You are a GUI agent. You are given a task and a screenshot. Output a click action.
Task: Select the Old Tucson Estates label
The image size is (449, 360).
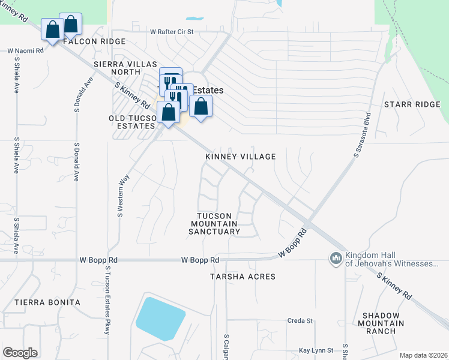coord(132,122)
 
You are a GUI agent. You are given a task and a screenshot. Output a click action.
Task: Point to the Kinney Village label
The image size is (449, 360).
coord(240,157)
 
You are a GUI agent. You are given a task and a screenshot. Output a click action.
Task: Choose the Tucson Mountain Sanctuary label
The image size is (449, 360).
coord(214,223)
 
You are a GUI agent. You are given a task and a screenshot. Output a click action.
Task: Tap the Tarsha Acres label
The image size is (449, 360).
coord(243,277)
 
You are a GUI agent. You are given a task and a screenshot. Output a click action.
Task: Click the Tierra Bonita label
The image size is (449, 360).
coord(47,302)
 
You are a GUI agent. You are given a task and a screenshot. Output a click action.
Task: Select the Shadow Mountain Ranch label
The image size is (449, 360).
coord(387,323)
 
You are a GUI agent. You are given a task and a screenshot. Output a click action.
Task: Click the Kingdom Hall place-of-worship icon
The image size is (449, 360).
coord(336,259)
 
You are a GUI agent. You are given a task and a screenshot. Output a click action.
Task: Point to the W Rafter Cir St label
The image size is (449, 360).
coord(172,31)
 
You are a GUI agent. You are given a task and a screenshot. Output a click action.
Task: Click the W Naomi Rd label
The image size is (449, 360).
coord(26,51)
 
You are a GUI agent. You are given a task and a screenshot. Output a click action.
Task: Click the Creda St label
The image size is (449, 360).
coord(300,321)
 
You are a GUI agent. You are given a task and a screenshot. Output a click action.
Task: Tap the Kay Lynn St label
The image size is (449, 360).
coord(315,350)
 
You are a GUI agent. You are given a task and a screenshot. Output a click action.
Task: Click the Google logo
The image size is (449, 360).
coord(20,352)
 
